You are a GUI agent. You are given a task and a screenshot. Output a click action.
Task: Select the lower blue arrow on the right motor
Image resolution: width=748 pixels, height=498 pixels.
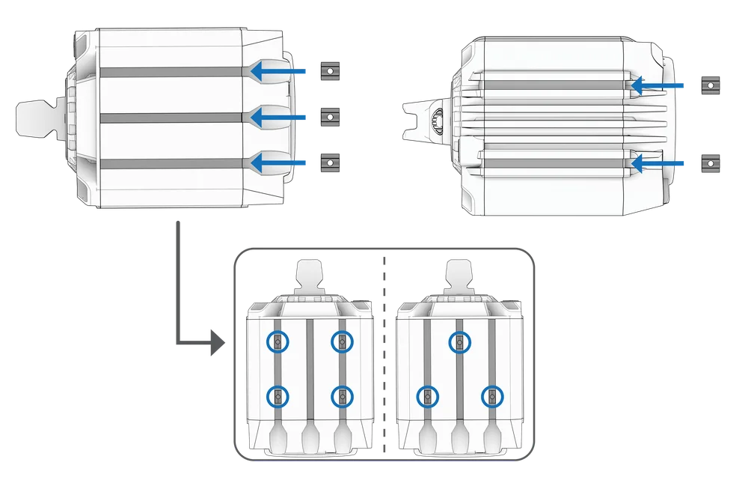(x=658, y=161)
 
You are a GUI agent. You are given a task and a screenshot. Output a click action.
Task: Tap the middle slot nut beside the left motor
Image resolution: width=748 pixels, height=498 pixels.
(x=327, y=116)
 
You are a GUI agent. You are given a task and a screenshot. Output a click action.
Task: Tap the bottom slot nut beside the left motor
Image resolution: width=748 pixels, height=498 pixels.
(x=326, y=160)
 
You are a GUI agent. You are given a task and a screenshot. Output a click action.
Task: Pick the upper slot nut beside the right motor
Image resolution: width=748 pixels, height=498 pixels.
(x=711, y=86)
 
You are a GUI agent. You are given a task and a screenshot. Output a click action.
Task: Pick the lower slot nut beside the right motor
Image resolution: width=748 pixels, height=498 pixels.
(x=711, y=160)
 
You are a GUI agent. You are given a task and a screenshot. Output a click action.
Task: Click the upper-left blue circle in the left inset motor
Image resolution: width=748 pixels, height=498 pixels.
(x=278, y=341)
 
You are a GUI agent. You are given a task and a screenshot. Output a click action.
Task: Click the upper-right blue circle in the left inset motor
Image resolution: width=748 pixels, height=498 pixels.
(x=342, y=341)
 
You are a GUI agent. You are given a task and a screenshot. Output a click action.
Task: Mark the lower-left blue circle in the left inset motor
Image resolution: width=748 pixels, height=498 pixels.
(x=278, y=395)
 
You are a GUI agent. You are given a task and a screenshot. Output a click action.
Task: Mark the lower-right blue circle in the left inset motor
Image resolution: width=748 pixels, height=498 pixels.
(x=342, y=395)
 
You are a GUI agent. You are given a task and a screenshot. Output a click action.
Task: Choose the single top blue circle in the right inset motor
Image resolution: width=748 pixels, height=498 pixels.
(x=459, y=342)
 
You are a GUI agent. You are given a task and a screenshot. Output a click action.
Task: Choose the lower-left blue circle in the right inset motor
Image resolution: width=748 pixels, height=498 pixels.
(x=427, y=396)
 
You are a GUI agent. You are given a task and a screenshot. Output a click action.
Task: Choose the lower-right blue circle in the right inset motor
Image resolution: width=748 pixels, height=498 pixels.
(x=491, y=396)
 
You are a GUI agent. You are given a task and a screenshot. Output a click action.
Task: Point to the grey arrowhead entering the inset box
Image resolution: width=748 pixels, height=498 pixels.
(x=218, y=344)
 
